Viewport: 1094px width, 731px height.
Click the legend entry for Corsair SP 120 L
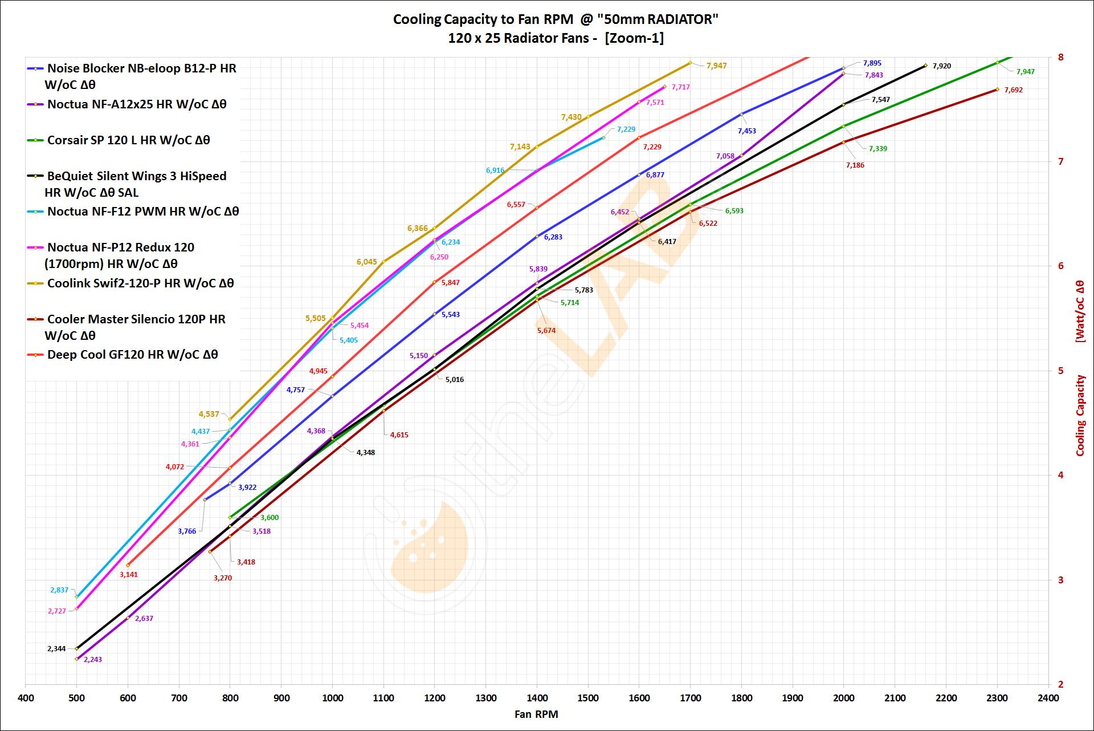(x=128, y=140)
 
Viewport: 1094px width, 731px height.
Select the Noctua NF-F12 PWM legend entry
(x=143, y=212)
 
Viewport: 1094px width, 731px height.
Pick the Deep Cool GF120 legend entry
(x=132, y=355)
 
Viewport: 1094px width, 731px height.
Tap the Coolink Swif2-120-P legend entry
(x=140, y=283)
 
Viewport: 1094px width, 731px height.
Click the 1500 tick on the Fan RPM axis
(x=588, y=698)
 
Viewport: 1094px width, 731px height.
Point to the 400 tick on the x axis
(x=26, y=698)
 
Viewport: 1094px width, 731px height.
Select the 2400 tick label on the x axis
(x=1048, y=698)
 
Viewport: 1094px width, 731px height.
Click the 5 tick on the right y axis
(x=1061, y=371)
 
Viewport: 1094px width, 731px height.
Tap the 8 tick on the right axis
(x=1061, y=57)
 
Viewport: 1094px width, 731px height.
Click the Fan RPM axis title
(x=536, y=714)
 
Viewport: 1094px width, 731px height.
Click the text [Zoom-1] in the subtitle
(x=634, y=38)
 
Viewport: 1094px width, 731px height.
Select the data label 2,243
(x=93, y=660)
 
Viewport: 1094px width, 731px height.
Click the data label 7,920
(x=942, y=66)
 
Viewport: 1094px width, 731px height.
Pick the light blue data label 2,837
(x=59, y=590)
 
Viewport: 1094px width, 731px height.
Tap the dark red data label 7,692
(x=1014, y=90)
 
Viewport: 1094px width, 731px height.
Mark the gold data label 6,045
(x=367, y=262)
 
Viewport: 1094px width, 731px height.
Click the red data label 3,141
(x=129, y=575)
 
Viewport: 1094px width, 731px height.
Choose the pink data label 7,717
(x=681, y=87)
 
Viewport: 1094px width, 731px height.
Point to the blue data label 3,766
(x=187, y=531)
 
